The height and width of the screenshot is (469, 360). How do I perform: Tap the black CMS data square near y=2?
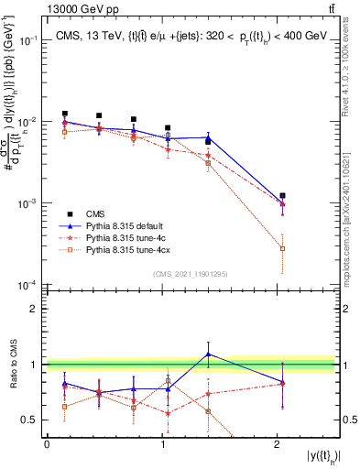point(283,196)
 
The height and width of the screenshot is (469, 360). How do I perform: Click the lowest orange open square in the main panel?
point(283,248)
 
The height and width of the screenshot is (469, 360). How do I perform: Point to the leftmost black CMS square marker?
point(64,114)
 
